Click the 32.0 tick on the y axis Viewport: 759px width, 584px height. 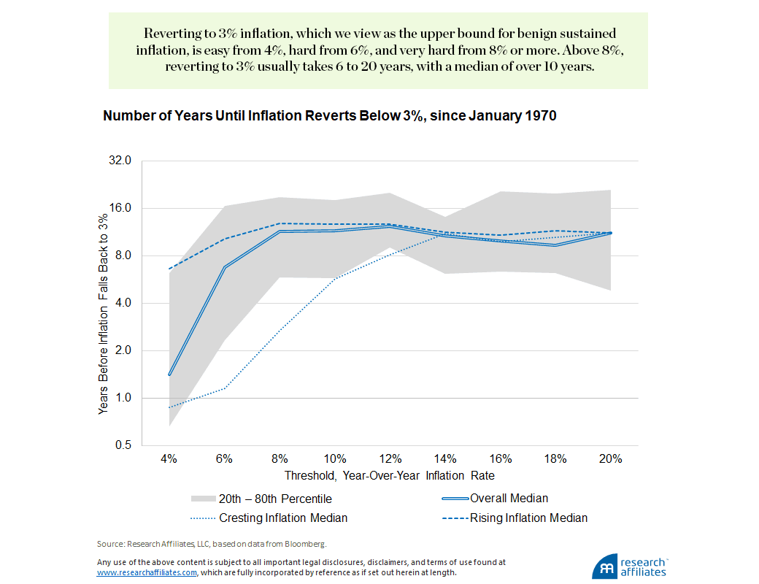point(119,161)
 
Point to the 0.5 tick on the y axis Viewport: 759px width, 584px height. point(122,445)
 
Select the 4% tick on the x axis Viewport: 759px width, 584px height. point(169,459)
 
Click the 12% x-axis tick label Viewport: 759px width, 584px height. point(390,459)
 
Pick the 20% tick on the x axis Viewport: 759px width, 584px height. point(610,459)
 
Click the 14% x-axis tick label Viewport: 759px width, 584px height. point(445,459)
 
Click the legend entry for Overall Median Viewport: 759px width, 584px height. point(509,498)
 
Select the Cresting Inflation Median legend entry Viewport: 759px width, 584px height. point(283,518)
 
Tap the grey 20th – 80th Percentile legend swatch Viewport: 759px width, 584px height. point(203,499)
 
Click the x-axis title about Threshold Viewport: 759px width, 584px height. point(389,475)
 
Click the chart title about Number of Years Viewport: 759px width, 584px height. point(330,116)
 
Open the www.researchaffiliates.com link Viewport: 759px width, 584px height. point(147,573)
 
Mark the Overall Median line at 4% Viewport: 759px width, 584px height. point(169,374)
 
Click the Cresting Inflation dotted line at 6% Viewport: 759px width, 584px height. point(224,388)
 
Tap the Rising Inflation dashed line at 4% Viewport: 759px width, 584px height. point(169,269)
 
